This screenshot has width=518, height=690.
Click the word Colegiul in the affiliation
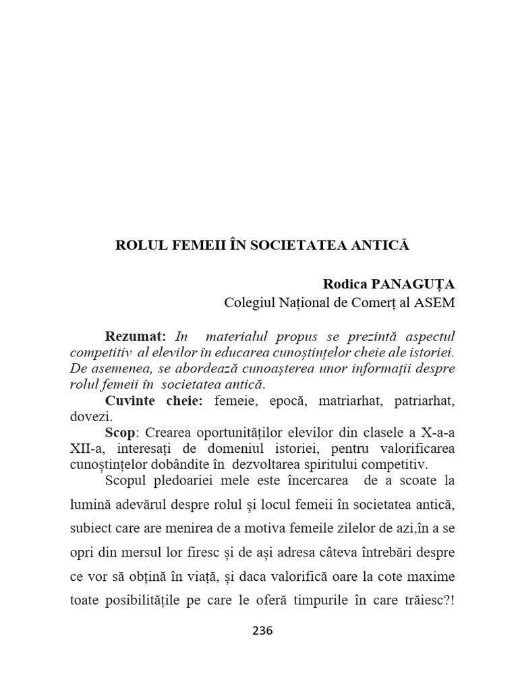click(249, 303)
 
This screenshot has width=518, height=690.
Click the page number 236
click(262, 631)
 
